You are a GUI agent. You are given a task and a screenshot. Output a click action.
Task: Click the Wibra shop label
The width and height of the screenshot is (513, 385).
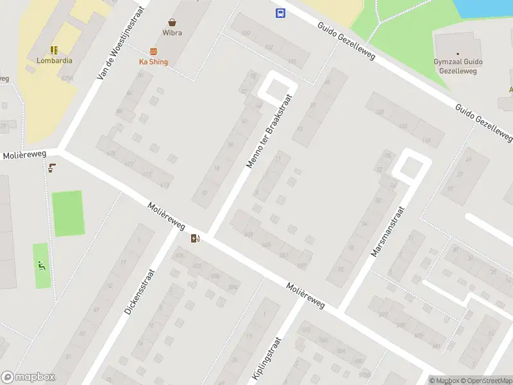pos(172,33)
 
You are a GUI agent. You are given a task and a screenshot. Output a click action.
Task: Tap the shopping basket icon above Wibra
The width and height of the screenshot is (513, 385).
pos(172,22)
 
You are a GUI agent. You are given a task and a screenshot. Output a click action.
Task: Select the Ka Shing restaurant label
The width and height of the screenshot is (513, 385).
pos(153,62)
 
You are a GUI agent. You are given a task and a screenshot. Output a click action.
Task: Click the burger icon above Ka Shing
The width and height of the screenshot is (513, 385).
pos(153,51)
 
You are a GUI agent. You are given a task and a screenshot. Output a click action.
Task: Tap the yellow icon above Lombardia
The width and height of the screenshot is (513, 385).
pos(54,49)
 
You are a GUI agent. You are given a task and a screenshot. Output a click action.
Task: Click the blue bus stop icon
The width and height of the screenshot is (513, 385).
pos(280,13)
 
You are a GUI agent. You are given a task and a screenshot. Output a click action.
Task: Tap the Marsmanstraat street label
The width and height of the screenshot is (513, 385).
pos(389,231)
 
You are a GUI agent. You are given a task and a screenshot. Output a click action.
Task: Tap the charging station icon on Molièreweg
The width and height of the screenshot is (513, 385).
pos(195,239)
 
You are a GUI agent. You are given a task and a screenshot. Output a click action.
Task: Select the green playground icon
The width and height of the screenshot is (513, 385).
pos(42,266)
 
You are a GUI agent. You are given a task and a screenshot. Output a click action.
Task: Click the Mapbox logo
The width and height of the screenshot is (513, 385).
pos(28,377)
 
